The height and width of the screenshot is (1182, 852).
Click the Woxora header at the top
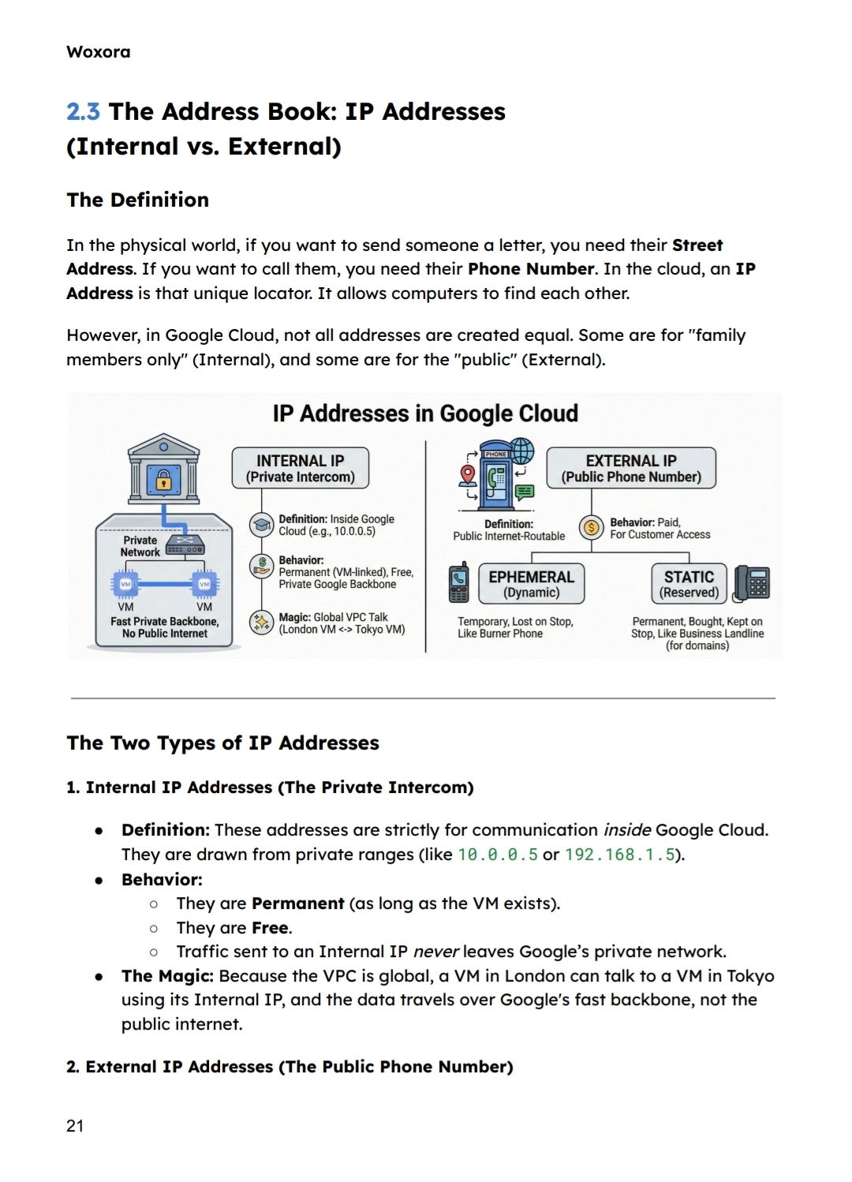[99, 52]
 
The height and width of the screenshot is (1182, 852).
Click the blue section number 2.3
[83, 112]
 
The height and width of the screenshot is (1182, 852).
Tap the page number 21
[75, 1125]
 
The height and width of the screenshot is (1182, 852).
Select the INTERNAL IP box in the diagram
[300, 468]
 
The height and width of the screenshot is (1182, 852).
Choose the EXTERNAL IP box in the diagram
[630, 468]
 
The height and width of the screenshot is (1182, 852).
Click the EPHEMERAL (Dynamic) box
[531, 584]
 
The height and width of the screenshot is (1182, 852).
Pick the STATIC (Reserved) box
[689, 584]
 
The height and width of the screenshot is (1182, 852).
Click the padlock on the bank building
[163, 480]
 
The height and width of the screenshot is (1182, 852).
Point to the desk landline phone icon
[751, 584]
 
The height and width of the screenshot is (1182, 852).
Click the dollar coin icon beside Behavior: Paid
[591, 527]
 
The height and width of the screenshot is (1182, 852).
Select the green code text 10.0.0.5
[498, 855]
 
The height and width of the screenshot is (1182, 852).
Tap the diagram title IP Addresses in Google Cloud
[425, 413]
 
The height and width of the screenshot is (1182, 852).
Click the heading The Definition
[138, 200]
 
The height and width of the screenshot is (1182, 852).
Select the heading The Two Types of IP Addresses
[222, 742]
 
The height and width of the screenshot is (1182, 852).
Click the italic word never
[436, 952]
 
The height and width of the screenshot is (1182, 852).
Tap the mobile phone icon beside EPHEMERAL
[459, 584]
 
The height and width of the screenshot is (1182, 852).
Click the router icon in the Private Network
[185, 546]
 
